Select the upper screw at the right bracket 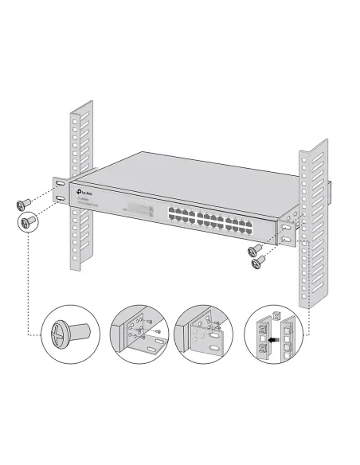[x=258, y=248]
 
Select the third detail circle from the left [x=205, y=334]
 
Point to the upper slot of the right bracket [x=284, y=227]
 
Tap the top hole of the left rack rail [x=75, y=117]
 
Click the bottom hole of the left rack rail [x=77, y=256]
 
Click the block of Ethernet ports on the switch [x=211, y=220]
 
